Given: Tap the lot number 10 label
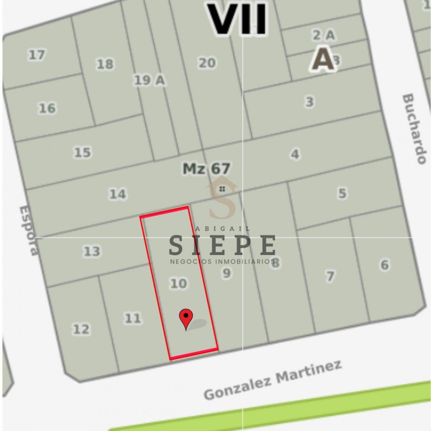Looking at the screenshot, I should coord(178,284).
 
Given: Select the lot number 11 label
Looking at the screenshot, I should coord(132,318).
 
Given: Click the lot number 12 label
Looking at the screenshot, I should coord(81,329).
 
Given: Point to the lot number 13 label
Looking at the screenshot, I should coord(92,251).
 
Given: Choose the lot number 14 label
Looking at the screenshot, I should coord(117,194).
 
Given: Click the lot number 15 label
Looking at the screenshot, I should coord(82,152).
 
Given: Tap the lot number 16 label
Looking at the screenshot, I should coord(47,108).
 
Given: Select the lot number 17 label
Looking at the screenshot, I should coord(36,55).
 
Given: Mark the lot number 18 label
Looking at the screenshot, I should coord(105,64).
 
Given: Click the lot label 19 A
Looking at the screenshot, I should coord(149,80).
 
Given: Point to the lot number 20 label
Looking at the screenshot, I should coord(207,63).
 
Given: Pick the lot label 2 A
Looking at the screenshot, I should coord(323,34).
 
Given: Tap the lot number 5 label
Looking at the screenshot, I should coord(342,193).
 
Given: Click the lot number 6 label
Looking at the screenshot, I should coord(385,265).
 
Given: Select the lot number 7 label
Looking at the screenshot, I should coord(330,275).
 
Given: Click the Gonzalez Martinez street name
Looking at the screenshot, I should coord(272,380).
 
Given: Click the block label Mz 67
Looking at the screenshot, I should coord(206,169).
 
